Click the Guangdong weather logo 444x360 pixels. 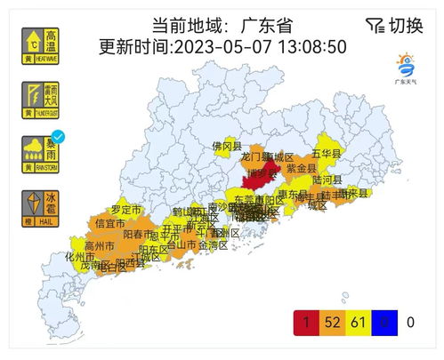[x=408, y=67]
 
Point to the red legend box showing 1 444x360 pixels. [x=306, y=321]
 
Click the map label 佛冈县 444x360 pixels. [x=226, y=145]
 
